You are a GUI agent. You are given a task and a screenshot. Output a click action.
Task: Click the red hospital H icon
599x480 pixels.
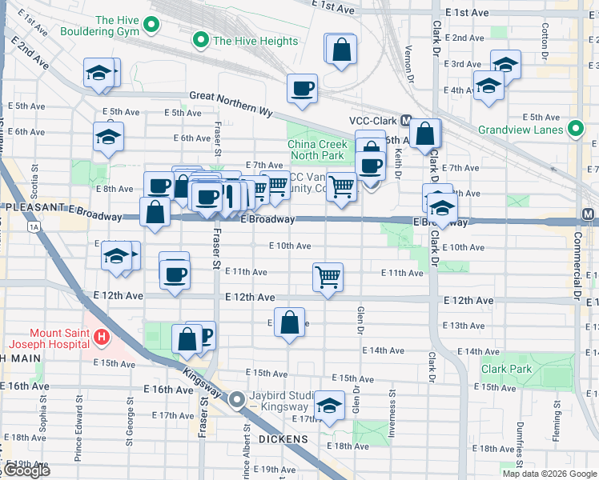(101, 338)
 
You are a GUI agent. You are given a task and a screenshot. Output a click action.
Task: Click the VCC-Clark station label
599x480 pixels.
(373, 121)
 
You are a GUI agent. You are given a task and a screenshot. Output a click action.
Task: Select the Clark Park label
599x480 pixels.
(507, 370)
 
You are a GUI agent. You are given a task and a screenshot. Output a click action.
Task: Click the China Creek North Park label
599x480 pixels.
(316, 150)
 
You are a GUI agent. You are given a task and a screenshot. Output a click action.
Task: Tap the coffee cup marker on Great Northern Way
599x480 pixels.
(302, 89)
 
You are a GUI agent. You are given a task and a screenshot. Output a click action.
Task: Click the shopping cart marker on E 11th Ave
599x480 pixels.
(328, 278)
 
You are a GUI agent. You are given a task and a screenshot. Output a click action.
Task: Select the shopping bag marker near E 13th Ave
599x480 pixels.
(290, 323)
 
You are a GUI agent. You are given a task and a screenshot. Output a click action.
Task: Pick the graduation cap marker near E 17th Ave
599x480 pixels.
(329, 406)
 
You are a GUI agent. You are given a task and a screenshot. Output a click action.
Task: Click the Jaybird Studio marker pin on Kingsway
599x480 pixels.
(238, 399)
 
